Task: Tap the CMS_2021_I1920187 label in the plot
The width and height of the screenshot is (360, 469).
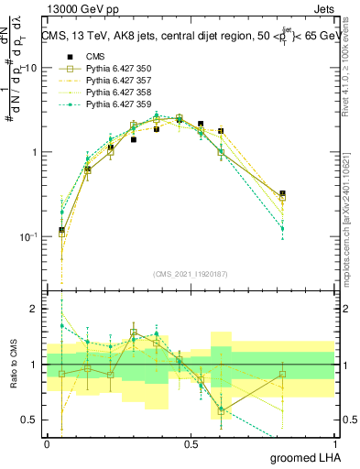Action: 191,272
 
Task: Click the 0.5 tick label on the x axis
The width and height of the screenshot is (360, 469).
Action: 191,443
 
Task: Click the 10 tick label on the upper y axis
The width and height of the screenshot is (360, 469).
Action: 30,68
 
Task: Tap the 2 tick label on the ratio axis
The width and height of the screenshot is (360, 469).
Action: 34,310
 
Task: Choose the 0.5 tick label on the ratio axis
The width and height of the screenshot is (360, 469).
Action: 30,420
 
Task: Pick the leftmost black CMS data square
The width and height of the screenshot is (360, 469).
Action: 62,231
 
